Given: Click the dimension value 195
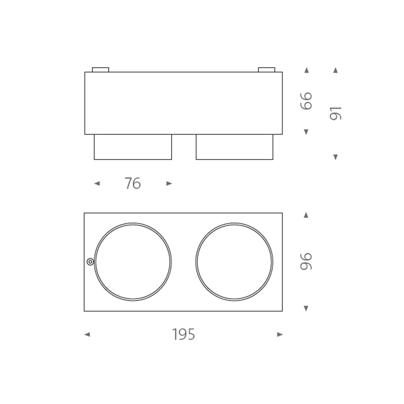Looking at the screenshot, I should (183, 335).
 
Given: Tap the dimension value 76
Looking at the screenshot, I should (133, 183).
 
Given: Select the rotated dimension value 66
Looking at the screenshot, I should (306, 101).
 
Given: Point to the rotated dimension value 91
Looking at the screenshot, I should (335, 113).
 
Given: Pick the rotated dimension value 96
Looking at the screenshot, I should (306, 261).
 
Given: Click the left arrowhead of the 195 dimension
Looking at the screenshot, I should (87, 335).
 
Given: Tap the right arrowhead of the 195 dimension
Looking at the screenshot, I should (280, 335).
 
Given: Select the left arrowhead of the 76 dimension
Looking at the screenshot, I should (97, 183).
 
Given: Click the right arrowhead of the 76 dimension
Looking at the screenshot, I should (169, 183).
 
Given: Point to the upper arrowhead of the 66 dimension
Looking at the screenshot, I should (306, 70).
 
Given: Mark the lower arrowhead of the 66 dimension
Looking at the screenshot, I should (306, 132).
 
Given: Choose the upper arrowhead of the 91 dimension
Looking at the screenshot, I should (335, 70).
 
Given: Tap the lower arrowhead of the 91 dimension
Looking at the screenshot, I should (335, 157).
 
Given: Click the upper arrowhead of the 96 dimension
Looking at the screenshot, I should (306, 215).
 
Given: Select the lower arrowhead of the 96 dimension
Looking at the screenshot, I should (306, 308).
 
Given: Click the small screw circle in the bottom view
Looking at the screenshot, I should (90, 262).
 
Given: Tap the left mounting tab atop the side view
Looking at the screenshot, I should (100, 70).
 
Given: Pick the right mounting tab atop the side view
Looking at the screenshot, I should (267, 70).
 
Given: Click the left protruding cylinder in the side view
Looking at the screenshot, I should (133, 147).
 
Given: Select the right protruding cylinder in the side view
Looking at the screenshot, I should (235, 147).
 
